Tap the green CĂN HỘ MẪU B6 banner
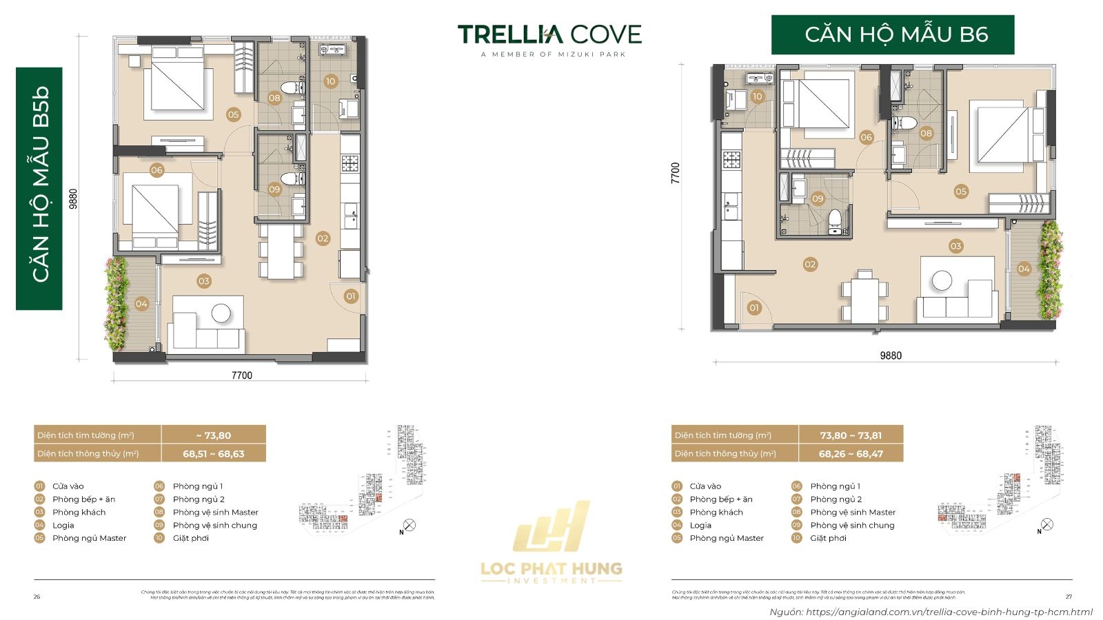point(893,34)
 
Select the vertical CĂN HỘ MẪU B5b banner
point(39,187)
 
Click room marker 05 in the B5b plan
point(233,114)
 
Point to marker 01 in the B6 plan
point(754,308)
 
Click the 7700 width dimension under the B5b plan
point(241,375)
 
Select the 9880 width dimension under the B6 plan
point(890,355)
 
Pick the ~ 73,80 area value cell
point(214,435)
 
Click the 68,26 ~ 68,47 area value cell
point(851,454)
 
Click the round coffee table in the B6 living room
point(942,280)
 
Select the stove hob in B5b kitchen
point(350,163)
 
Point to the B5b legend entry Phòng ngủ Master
point(89,538)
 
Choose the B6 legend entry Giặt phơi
point(828,538)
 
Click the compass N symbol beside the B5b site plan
point(409,526)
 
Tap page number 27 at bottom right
point(1069,597)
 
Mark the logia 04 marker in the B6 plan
point(1024,269)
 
